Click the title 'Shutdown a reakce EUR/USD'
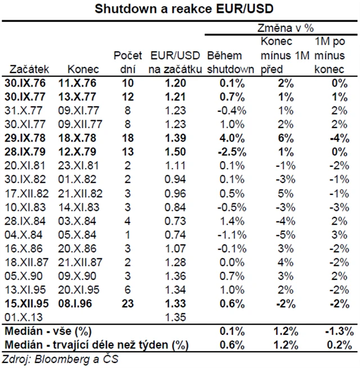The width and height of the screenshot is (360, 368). [181, 10]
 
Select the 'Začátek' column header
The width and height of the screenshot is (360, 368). [30, 70]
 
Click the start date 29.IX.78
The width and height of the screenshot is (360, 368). [29, 138]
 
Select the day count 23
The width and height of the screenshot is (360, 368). [128, 303]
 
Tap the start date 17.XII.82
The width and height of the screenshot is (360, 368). [29, 193]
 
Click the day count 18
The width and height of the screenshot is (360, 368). [128, 138]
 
